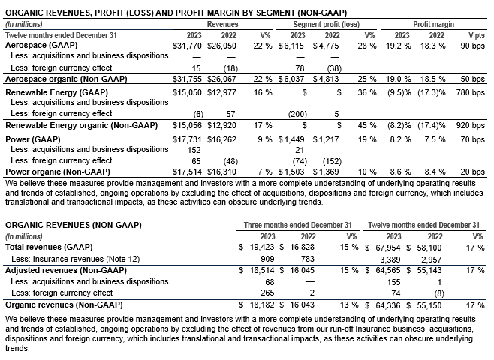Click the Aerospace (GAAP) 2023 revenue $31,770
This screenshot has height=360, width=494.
click(187, 46)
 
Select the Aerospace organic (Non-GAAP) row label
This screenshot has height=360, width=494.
click(66, 79)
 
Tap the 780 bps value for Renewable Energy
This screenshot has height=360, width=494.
click(471, 92)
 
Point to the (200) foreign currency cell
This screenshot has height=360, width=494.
click(297, 114)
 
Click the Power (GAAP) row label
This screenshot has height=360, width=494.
click(33, 139)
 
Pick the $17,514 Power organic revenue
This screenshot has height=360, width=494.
click(187, 172)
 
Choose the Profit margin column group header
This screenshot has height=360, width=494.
click(433, 24)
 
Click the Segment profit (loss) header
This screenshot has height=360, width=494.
click(326, 24)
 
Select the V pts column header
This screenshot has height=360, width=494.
click(476, 35)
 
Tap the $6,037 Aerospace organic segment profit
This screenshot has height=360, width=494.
click(291, 79)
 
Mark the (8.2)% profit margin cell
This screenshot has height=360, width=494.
click(399, 125)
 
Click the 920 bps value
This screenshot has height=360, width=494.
click(471, 125)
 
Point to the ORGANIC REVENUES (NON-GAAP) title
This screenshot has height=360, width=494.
click(74, 225)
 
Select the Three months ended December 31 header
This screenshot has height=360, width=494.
click(297, 225)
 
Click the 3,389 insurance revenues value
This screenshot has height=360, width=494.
click(390, 259)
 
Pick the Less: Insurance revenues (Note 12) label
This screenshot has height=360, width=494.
click(75, 259)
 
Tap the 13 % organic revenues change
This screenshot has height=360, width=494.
click(349, 304)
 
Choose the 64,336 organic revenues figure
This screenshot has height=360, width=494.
click(388, 305)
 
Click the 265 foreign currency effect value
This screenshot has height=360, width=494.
click(267, 292)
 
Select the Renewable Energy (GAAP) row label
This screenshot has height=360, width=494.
click(57, 92)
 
